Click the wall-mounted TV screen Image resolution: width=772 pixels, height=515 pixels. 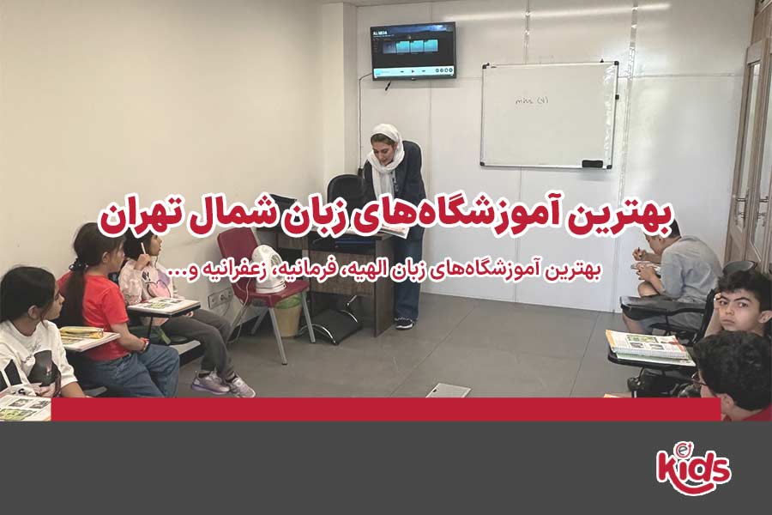coord(413,51)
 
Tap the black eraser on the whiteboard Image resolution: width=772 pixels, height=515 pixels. coord(592,163)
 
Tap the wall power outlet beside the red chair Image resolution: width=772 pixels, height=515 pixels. coord(220,296)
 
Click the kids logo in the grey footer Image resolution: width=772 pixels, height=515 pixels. coord(693,469)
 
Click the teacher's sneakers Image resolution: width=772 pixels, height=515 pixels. coord(404,324)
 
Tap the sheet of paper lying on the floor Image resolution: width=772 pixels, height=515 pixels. coord(449,391)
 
